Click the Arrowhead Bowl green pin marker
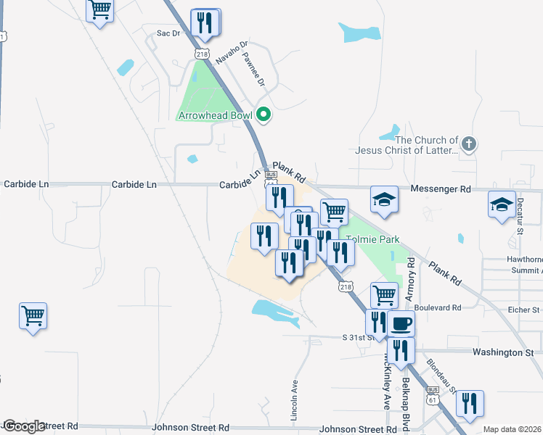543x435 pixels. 264,115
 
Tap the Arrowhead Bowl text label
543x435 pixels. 215,115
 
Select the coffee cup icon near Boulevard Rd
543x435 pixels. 400,323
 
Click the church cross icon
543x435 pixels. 469,144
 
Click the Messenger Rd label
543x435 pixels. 441,188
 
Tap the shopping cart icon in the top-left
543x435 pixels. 99,9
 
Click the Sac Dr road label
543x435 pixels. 168,33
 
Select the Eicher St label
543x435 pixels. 524,310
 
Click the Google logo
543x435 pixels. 24,426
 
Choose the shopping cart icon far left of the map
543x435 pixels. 33,315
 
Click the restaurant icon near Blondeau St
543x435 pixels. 470,403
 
